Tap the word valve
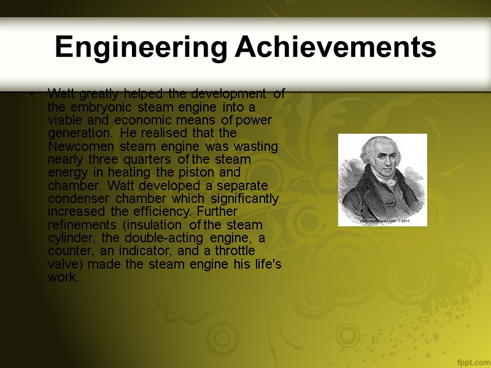61,264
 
